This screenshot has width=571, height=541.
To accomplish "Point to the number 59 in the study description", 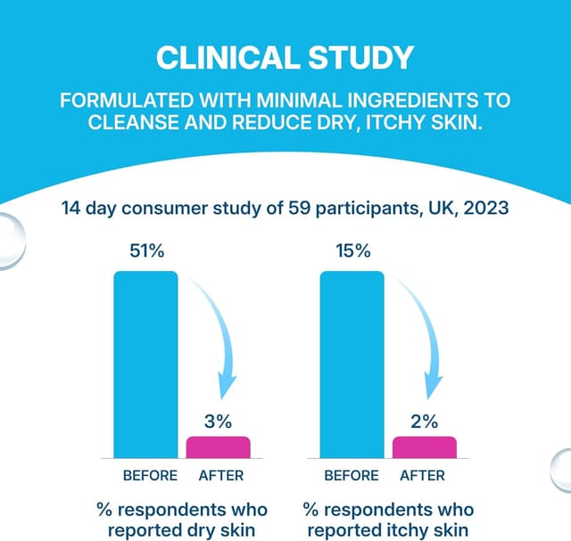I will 303,209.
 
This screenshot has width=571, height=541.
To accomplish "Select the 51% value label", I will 147,251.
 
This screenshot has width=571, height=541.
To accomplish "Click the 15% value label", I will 352,251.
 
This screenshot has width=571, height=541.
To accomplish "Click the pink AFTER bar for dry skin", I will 218,447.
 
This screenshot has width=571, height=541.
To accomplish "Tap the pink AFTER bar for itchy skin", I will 425,447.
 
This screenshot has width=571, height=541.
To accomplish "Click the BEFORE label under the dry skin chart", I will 150,475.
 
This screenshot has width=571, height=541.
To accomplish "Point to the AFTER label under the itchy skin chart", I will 423,475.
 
